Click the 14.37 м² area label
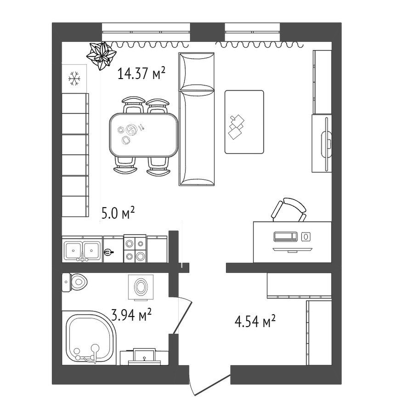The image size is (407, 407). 141,73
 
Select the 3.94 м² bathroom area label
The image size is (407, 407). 131,315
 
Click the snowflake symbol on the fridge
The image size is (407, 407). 74,79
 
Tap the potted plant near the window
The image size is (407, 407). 101,56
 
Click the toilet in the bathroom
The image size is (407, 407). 74,282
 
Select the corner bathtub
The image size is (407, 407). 89,338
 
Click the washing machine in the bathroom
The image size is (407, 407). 141,288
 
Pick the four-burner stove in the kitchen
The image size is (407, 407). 135,249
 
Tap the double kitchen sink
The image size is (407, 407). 82,251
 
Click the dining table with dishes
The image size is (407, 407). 144,135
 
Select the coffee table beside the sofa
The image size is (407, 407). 244,122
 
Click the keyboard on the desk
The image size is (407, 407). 286,237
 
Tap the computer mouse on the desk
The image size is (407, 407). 306,237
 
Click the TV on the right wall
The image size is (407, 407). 326,144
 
